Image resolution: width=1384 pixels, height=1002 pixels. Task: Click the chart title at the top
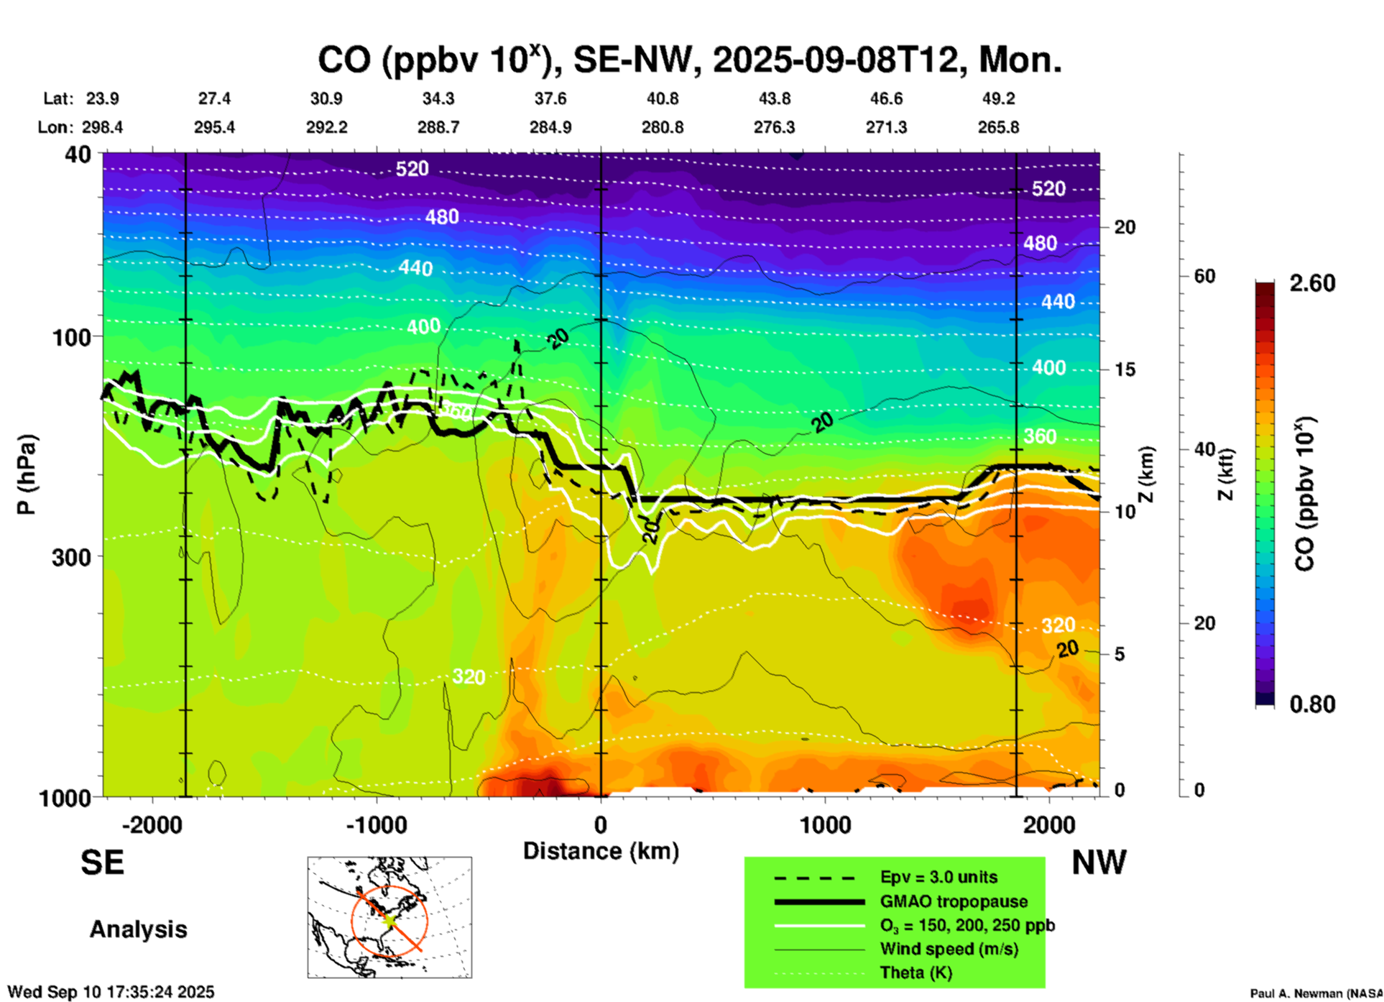(689, 60)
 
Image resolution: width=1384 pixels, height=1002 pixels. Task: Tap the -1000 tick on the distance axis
(377, 824)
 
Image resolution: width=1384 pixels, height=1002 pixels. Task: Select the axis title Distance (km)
(601, 851)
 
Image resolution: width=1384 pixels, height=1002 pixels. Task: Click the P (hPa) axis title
(27, 474)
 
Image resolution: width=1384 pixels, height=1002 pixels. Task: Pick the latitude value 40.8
(662, 98)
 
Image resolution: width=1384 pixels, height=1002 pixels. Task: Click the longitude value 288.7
(438, 127)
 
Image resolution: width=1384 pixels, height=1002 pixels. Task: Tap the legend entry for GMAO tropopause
(954, 901)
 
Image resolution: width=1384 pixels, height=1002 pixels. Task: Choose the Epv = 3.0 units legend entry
(938, 878)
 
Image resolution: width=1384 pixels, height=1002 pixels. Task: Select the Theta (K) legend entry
(915, 973)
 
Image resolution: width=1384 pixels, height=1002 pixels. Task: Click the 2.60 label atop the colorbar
(1312, 283)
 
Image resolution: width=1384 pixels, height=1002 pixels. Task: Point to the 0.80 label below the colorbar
(1312, 704)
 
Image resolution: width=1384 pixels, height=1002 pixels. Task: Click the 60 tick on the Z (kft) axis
(1204, 276)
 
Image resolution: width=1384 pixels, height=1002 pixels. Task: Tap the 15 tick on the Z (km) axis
(1125, 369)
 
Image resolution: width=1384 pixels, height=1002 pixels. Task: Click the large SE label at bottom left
(102, 863)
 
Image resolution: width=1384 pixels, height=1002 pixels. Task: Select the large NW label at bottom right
(1099, 863)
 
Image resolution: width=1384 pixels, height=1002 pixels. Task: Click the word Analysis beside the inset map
(138, 929)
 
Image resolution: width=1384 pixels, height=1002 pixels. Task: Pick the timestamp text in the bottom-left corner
(111, 992)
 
